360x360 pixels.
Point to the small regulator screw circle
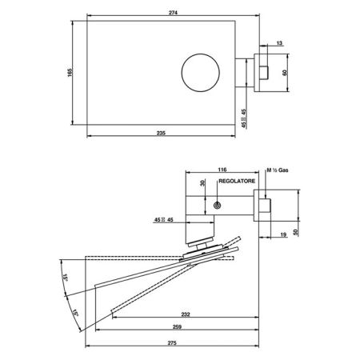(217, 206)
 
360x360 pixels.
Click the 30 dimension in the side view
(203, 184)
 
